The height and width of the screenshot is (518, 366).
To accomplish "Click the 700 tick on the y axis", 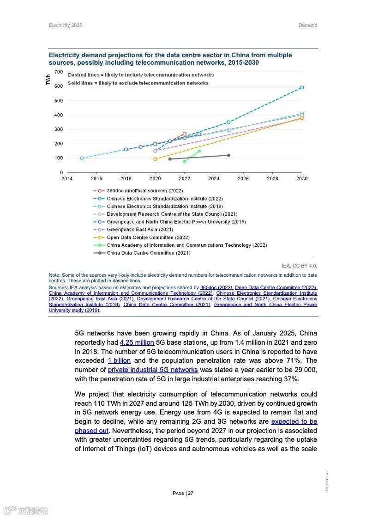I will pyautogui.click(x=58, y=72).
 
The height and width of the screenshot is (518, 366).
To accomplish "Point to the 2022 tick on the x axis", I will pyautogui.click(x=185, y=178).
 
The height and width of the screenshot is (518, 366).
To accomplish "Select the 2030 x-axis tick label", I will pyautogui.click(x=302, y=178).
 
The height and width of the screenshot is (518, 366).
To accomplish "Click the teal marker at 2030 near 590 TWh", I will pyautogui.click(x=302, y=87).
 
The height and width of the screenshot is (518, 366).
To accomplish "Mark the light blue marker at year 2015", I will pyautogui.click(x=82, y=158).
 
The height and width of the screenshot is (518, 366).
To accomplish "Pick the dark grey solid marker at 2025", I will pyautogui.click(x=228, y=155).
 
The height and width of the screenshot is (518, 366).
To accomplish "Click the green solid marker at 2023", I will pyautogui.click(x=199, y=151).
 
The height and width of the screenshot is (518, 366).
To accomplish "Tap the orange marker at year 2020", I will pyautogui.click(x=155, y=159).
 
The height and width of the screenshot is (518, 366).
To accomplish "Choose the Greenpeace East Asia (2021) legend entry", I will pyautogui.click(x=139, y=230).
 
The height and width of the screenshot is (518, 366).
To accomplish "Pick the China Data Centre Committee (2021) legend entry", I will pyautogui.click(x=148, y=253).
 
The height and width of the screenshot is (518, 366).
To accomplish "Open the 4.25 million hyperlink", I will pyautogui.click(x=137, y=342).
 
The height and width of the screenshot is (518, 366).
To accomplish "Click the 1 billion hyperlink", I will pyautogui.click(x=119, y=360).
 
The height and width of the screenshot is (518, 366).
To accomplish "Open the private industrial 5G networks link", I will pyautogui.click(x=153, y=370).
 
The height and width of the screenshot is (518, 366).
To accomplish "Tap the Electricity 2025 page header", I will pyautogui.click(x=66, y=25).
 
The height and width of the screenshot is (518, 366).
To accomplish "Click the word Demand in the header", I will pyautogui.click(x=307, y=25).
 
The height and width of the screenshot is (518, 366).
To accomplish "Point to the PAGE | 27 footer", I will pyautogui.click(x=183, y=493).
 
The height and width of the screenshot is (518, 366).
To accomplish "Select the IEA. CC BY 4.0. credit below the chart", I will pyautogui.click(x=300, y=266).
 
